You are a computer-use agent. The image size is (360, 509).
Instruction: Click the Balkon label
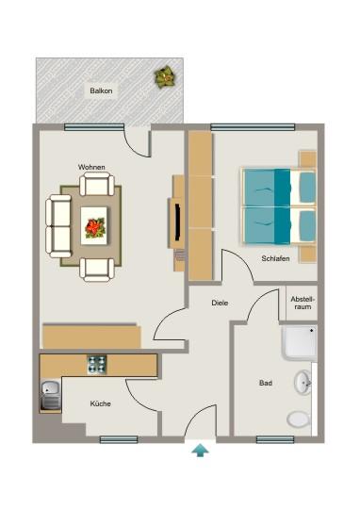coord(102,91)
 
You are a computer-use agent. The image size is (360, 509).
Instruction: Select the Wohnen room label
coord(91,168)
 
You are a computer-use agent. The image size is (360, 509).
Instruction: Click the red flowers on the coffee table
coord(94,226)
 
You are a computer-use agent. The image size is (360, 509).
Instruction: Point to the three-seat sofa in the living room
coord(58,225)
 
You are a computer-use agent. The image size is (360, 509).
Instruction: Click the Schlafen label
coord(275,258)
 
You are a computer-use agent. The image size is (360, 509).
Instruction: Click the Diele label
coord(220,304)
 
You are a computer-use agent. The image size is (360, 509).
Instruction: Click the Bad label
coord(266,384)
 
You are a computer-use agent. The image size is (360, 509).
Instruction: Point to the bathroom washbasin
coord(304,383)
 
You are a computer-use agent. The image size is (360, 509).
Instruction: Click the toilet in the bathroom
coord(298,419)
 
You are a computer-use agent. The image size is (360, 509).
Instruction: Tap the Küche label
coord(100,403)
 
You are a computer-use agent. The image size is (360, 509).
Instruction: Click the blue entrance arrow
coord(199,451)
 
